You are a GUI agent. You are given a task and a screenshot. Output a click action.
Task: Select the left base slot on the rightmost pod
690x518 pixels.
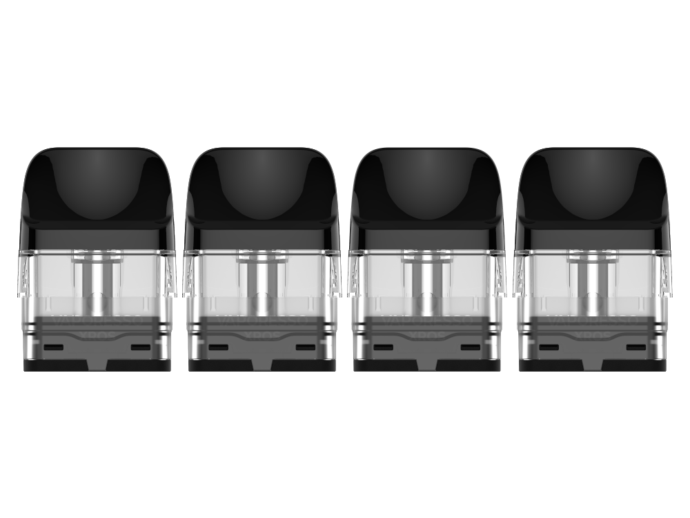click(x=549, y=346)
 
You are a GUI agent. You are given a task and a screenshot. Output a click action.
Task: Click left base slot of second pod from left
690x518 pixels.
click(x=220, y=346)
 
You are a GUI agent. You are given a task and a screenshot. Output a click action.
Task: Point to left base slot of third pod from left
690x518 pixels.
click(x=384, y=346)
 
